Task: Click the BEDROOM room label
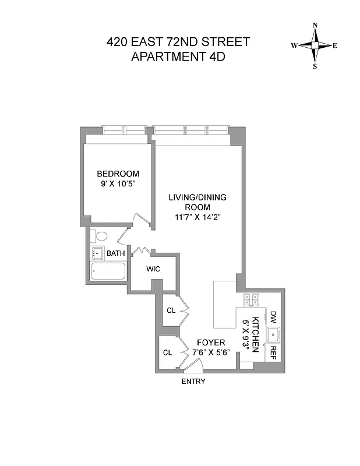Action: pyautogui.click(x=118, y=174)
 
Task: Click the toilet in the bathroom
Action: pyautogui.click(x=100, y=237)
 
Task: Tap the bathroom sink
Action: pyautogui.click(x=97, y=253)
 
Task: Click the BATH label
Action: pyautogui.click(x=115, y=253)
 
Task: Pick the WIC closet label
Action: pyautogui.click(x=153, y=269)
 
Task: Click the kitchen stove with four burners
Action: pyautogui.click(x=251, y=299)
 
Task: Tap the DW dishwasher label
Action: pyautogui.click(x=273, y=317)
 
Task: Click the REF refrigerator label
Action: pyautogui.click(x=272, y=353)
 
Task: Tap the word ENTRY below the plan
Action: pyautogui.click(x=193, y=382)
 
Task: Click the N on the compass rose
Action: pyautogui.click(x=315, y=25)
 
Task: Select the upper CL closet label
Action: pyautogui.click(x=171, y=310)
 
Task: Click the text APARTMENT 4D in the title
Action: pyautogui.click(x=179, y=57)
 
